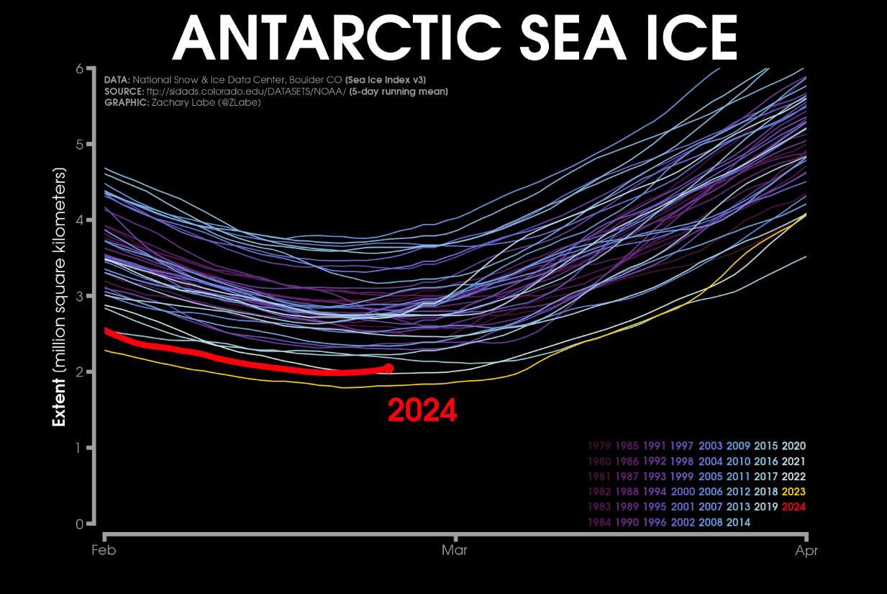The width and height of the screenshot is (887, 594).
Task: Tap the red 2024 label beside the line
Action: (x=422, y=411)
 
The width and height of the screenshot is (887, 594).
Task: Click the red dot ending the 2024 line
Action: (x=388, y=368)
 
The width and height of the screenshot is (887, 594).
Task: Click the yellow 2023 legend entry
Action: (x=793, y=492)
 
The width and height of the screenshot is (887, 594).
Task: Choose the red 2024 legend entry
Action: (x=793, y=507)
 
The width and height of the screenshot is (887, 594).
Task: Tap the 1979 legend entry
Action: (x=599, y=446)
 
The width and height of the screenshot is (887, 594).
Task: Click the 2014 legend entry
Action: (x=738, y=522)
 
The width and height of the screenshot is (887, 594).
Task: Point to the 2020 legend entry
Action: (x=793, y=446)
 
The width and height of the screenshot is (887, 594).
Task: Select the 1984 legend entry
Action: (x=599, y=522)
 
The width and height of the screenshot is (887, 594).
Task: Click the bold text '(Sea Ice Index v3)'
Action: (x=391, y=80)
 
